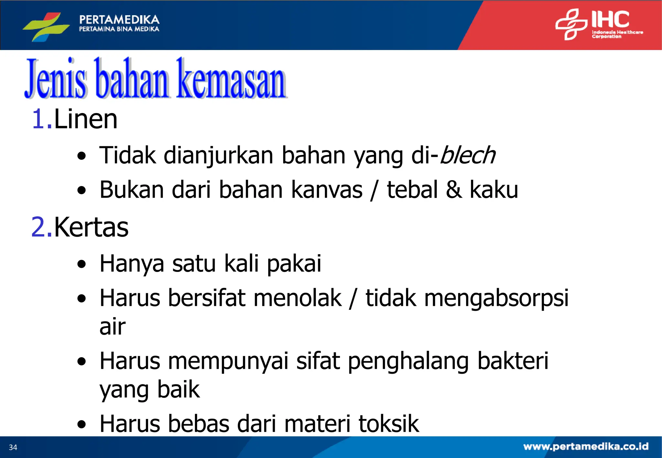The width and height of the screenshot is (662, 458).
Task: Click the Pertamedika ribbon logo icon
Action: (x=46, y=26)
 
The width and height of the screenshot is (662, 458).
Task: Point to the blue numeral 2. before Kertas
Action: (x=42, y=227)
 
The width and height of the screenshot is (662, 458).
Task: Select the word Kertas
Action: (x=91, y=227)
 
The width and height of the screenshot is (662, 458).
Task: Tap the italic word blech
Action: (x=467, y=155)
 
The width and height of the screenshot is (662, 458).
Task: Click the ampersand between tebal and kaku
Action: (x=454, y=190)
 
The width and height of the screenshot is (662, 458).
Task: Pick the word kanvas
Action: (x=327, y=190)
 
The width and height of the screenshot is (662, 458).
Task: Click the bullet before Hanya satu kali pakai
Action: (x=82, y=264)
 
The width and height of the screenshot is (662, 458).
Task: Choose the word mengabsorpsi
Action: (x=496, y=298)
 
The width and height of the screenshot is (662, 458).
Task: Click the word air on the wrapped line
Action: (x=112, y=327)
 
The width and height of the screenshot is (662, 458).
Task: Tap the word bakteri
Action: (x=513, y=361)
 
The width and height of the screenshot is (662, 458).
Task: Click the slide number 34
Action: (x=13, y=447)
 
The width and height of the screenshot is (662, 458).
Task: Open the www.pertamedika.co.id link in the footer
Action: (x=586, y=447)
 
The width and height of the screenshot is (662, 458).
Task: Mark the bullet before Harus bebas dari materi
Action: (x=82, y=424)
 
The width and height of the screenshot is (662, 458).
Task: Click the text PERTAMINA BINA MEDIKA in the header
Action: (x=119, y=29)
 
